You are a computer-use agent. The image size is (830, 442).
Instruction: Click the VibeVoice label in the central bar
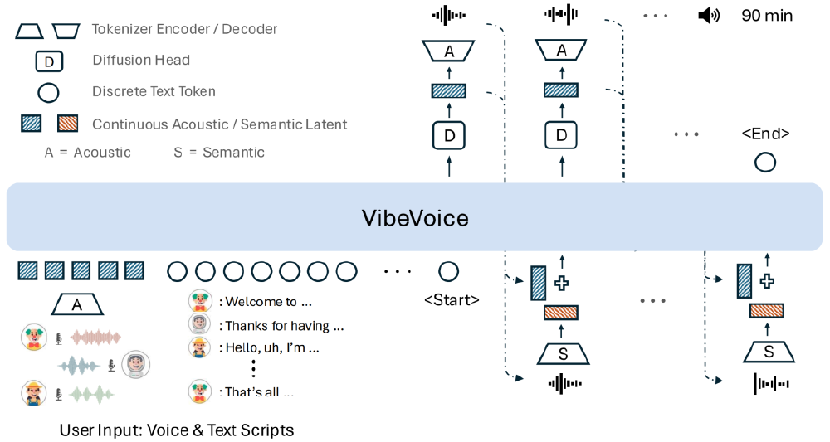[x=415, y=218]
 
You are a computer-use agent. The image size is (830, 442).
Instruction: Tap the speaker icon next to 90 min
[x=709, y=16]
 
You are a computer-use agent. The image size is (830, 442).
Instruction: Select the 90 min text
[x=767, y=16]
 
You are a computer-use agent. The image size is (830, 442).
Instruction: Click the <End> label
[x=764, y=134]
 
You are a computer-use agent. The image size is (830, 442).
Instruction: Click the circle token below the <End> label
[x=764, y=162]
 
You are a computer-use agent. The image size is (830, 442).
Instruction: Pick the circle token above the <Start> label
[x=448, y=271]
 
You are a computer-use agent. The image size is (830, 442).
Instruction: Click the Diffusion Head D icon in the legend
[x=48, y=61]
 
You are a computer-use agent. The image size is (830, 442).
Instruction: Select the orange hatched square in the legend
[x=66, y=124]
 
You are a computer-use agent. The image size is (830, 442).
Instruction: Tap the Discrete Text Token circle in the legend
[x=48, y=92]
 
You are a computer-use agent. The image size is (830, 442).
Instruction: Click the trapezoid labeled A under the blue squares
[x=77, y=304]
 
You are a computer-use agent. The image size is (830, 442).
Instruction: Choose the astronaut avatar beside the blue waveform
[x=134, y=365]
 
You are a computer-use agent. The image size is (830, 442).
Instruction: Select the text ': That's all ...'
[x=256, y=392]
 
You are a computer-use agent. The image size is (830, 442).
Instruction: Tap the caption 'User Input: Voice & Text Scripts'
[x=177, y=430]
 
